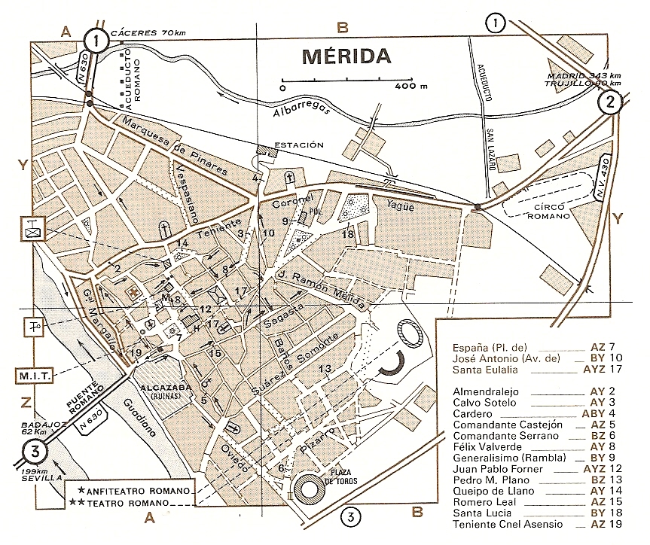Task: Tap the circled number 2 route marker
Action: (609, 102)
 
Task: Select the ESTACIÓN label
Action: (299, 145)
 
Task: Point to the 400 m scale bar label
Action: (411, 87)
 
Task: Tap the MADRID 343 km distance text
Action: (583, 76)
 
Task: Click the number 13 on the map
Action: (325, 368)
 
